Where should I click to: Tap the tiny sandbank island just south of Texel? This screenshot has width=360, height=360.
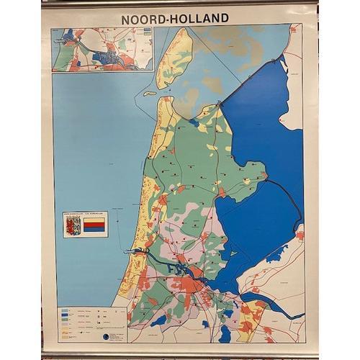pos(150,93)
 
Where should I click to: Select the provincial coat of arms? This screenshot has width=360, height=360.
pos(73,226)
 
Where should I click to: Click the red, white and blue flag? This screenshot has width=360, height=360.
pos(94,226)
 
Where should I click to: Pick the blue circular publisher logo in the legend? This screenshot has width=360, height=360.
pos(106,336)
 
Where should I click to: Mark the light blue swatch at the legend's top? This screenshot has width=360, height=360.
pos(66,312)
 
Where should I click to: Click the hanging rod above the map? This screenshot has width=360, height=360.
pos(180,4)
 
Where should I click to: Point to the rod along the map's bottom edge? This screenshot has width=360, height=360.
pos(180,354)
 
